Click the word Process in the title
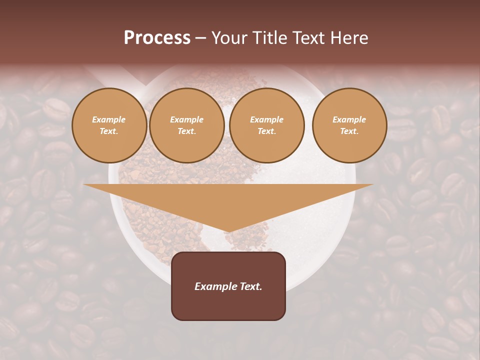click(x=157, y=38)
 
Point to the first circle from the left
click(x=109, y=125)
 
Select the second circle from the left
click(x=187, y=125)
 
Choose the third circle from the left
click(x=267, y=125)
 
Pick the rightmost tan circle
click(x=349, y=125)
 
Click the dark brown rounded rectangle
click(x=228, y=286)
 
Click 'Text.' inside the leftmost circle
click(x=109, y=131)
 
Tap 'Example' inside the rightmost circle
click(x=349, y=119)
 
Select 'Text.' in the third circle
click(x=267, y=131)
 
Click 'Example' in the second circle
click(x=187, y=119)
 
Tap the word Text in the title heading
click(x=309, y=38)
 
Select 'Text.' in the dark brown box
click(x=250, y=286)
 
